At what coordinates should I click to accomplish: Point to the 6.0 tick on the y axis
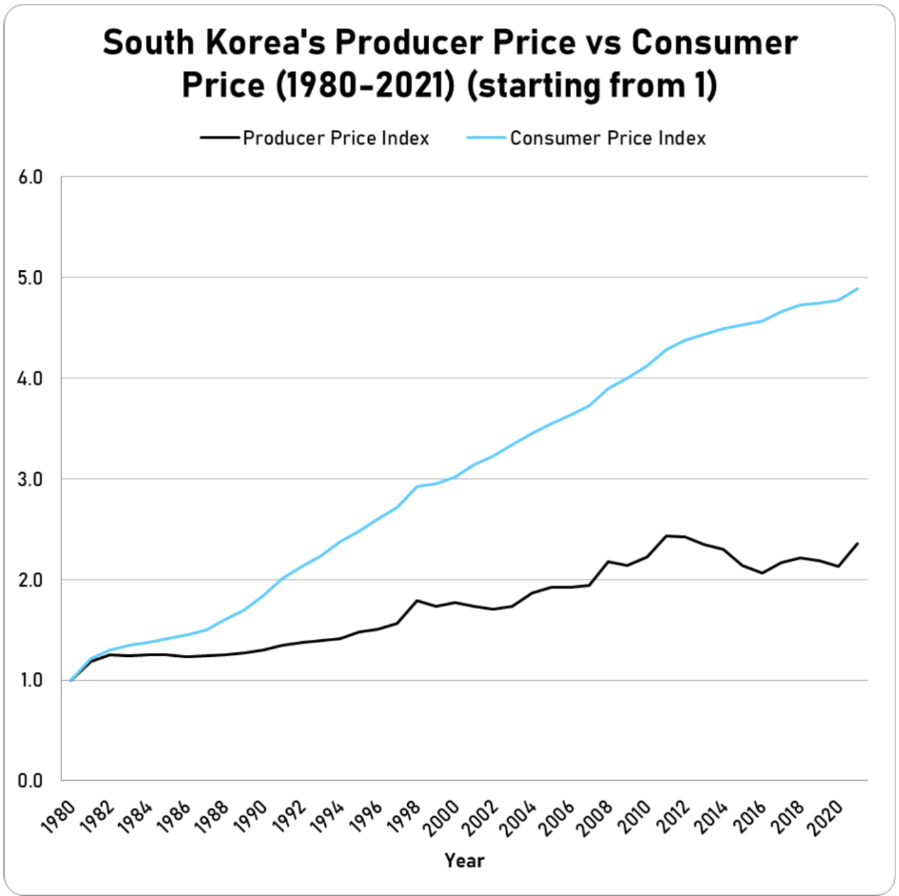point(29,177)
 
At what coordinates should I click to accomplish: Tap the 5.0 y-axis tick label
point(29,278)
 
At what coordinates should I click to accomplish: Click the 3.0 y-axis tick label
point(29,479)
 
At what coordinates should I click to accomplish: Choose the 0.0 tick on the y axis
point(29,781)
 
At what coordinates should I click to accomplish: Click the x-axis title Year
point(464,860)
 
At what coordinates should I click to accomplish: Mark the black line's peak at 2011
point(666,535)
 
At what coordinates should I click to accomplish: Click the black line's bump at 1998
point(417,600)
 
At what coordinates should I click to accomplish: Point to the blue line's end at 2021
point(857,289)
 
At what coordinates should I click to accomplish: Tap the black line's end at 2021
point(857,544)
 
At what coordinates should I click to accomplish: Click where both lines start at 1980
point(71,680)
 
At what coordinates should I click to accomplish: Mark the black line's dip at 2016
point(762,573)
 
